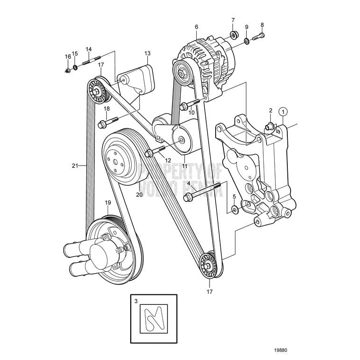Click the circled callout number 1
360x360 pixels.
[x=283, y=112]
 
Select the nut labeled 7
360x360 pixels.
[x=233, y=35]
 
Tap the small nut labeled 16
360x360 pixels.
[x=67, y=71]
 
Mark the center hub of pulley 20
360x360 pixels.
[x=114, y=160]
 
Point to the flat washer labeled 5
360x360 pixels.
[x=234, y=208]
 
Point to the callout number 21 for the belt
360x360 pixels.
[x=75, y=166]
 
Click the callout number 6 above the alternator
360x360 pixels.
[x=196, y=27]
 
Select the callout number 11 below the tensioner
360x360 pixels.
[x=184, y=166]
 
